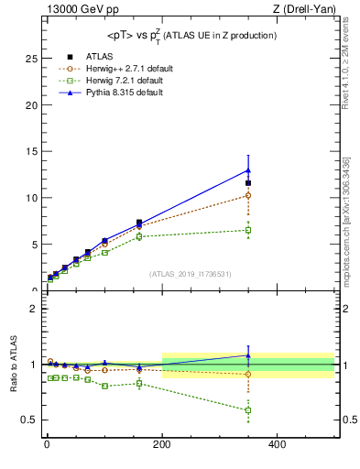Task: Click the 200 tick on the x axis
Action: coord(162,445)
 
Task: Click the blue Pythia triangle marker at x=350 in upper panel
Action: coord(248,169)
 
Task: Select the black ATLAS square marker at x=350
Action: coord(248,183)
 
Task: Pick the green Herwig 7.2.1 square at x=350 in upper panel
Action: coord(248,230)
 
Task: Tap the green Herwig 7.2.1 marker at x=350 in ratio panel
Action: coord(248,409)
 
